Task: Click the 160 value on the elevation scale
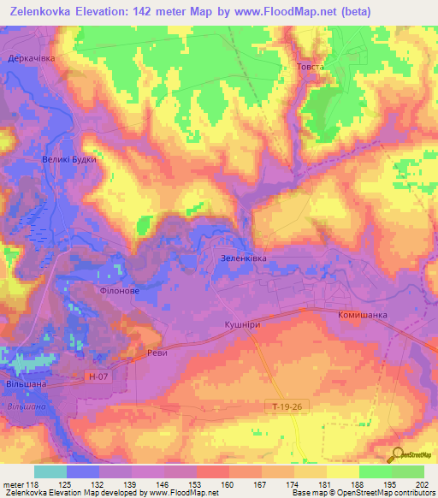228,485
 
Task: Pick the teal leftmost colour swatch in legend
50,471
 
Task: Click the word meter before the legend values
13,485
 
